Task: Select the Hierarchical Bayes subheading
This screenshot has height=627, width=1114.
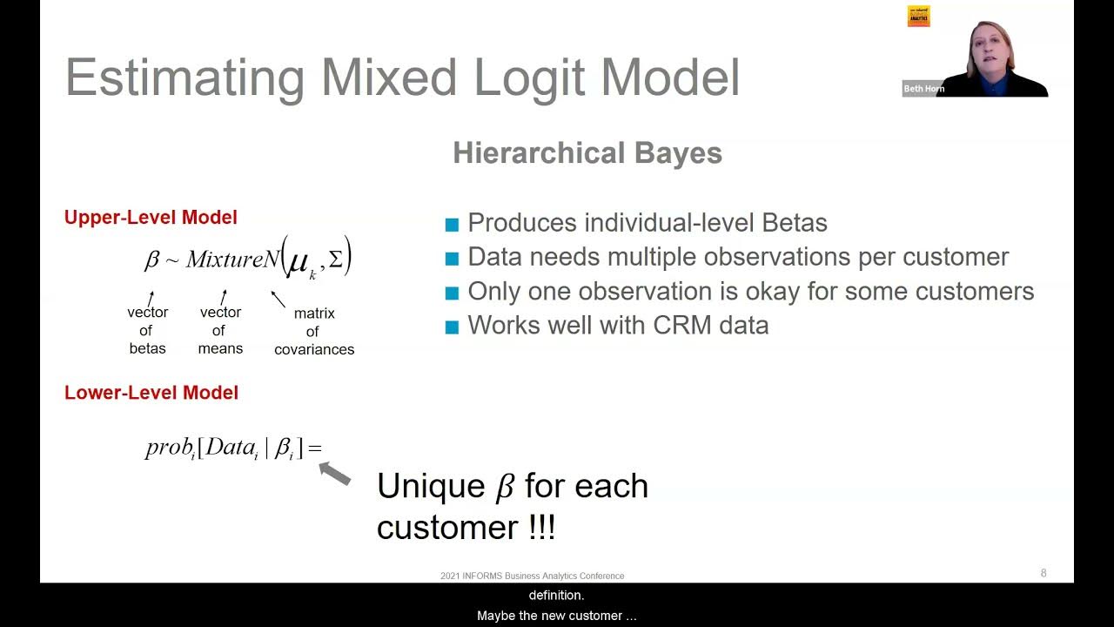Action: click(587, 153)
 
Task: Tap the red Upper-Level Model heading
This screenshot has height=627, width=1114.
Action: click(151, 218)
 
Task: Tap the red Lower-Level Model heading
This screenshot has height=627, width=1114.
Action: click(151, 393)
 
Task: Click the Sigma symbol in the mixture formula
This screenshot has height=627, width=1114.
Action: click(335, 260)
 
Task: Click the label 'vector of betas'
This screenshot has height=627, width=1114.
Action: click(148, 330)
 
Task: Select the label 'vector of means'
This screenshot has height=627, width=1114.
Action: click(220, 330)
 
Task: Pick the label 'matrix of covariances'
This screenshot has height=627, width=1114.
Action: click(314, 331)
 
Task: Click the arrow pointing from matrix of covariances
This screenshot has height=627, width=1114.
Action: click(278, 300)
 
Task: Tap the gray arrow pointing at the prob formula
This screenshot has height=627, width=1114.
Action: click(335, 474)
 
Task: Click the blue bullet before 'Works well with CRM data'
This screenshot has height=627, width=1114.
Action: click(452, 327)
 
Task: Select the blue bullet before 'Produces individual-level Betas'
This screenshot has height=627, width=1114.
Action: click(452, 225)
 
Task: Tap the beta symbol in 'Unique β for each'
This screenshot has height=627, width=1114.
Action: click(505, 487)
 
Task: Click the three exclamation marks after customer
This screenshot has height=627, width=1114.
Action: click(541, 528)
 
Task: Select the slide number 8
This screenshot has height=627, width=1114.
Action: click(1044, 573)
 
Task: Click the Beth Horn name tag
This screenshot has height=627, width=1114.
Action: click(923, 89)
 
